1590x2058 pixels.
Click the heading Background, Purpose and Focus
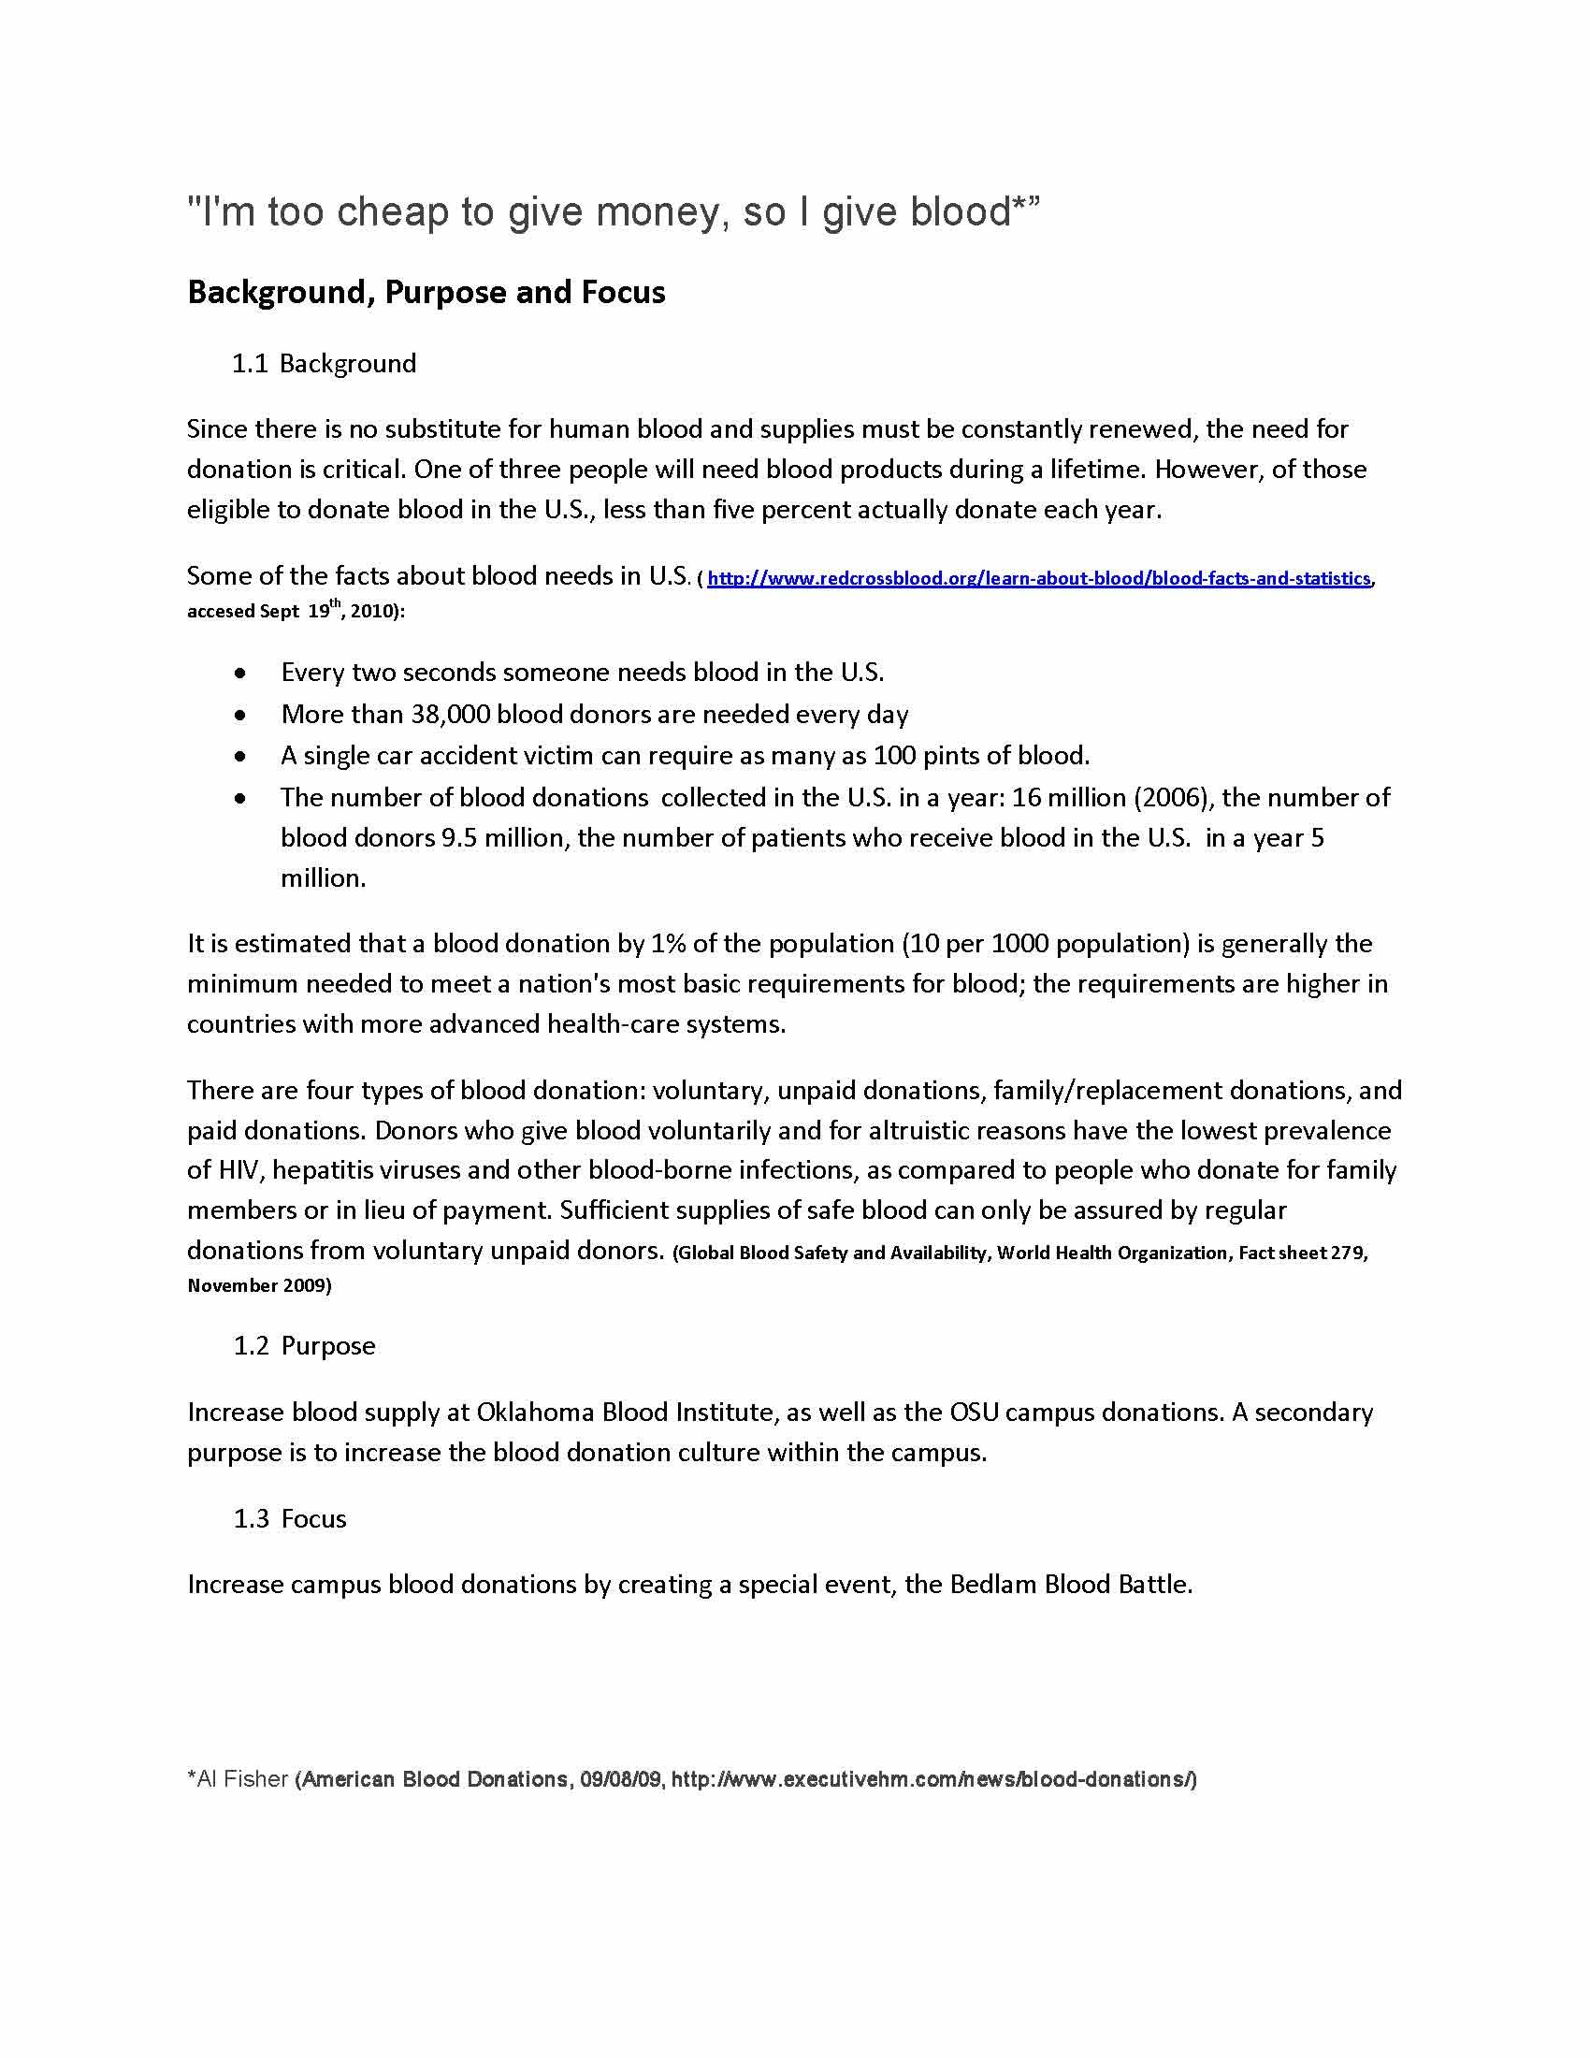pos(426,292)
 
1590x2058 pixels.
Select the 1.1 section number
pos(251,364)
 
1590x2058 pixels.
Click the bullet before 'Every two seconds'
pos(242,674)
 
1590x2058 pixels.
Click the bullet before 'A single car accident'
pos(242,757)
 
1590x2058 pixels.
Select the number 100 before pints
pos(893,756)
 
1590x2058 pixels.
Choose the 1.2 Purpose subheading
pos(305,1345)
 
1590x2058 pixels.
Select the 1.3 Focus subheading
pos(290,1519)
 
